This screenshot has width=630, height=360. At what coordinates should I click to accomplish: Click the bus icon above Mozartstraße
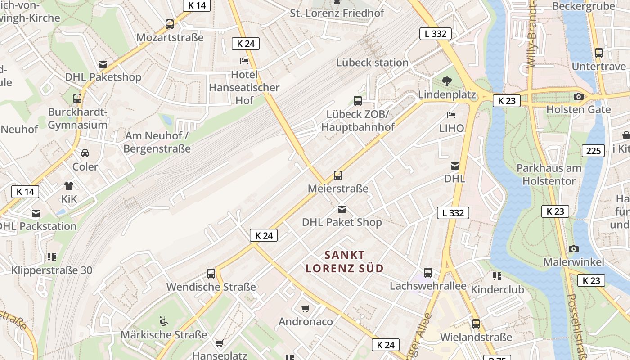point(170,24)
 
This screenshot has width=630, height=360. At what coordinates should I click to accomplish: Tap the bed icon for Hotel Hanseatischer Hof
point(244,61)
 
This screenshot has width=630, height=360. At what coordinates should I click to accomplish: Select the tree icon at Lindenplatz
point(446,81)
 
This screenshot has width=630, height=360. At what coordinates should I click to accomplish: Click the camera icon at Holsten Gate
point(579,96)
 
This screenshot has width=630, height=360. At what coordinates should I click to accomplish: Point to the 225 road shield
point(593,151)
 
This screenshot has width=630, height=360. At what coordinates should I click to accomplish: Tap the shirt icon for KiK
point(69,185)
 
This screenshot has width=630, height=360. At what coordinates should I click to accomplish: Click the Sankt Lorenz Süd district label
point(345,261)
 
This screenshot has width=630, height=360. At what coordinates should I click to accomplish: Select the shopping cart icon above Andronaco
point(306,308)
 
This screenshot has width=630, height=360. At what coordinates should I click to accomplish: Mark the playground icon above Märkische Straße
point(164,321)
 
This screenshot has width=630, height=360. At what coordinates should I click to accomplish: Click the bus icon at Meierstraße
point(337,175)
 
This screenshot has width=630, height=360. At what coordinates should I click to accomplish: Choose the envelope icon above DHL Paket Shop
point(342,209)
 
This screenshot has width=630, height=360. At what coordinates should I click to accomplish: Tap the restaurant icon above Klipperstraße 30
point(52,257)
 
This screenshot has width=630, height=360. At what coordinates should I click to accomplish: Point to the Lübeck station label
point(372,63)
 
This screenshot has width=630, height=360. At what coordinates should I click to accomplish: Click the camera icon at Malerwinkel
point(573,249)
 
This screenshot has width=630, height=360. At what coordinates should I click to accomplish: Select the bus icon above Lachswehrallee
point(428,273)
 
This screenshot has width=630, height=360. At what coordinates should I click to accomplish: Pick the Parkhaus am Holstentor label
point(549,175)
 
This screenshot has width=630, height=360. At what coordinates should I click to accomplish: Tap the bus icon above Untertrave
point(598,53)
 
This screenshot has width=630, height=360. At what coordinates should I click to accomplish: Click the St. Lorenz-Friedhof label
point(337,13)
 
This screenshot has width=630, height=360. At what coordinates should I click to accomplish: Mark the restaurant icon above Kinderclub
point(497,276)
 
